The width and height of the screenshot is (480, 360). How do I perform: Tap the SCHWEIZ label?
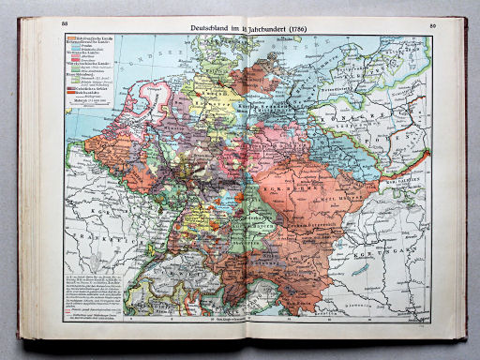(x=164, y=261)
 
